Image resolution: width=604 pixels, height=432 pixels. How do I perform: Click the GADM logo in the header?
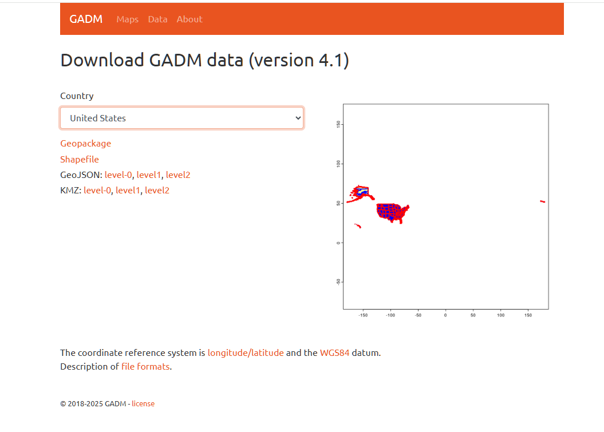pyautogui.click(x=86, y=19)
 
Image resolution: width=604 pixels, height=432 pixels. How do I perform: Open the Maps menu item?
pyautogui.click(x=128, y=19)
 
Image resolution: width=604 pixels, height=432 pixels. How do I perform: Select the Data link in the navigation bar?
pyautogui.click(x=157, y=19)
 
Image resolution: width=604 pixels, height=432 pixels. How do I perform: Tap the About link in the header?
pyautogui.click(x=190, y=19)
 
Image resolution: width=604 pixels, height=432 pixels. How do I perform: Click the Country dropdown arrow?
pyautogui.click(x=298, y=118)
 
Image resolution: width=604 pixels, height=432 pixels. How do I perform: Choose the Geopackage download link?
pyautogui.click(x=85, y=144)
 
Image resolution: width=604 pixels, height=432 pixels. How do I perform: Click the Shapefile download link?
pyautogui.click(x=80, y=160)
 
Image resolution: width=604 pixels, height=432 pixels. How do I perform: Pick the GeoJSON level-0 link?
pyautogui.click(x=118, y=175)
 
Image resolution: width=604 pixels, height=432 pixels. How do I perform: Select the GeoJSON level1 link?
pyautogui.click(x=149, y=175)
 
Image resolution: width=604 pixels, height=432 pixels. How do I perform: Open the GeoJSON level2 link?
pyautogui.click(x=178, y=175)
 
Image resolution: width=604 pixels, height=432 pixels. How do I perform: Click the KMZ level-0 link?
pyautogui.click(x=97, y=190)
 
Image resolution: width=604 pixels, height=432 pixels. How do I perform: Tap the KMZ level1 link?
pyautogui.click(x=128, y=190)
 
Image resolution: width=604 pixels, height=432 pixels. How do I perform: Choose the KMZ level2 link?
pyautogui.click(x=157, y=190)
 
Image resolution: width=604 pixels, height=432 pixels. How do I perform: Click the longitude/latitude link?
pyautogui.click(x=246, y=352)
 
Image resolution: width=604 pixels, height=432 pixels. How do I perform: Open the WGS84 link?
pyautogui.click(x=335, y=352)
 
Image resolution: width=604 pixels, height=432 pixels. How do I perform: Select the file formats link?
pyautogui.click(x=145, y=367)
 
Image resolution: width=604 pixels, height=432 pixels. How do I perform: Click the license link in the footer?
pyautogui.click(x=143, y=404)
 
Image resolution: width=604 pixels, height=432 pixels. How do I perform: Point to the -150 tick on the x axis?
pyautogui.click(x=363, y=315)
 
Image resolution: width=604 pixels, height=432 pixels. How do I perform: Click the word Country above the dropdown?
pyautogui.click(x=77, y=96)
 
